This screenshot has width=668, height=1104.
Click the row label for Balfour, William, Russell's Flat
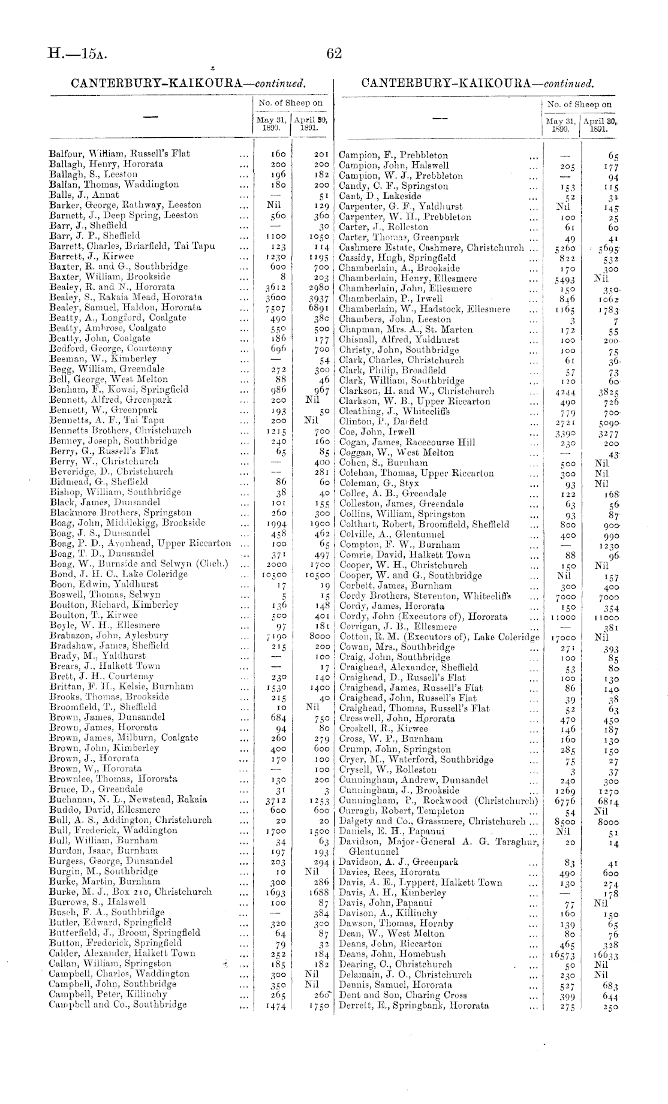(x=119, y=153)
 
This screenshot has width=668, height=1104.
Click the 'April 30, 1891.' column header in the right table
(x=600, y=125)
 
